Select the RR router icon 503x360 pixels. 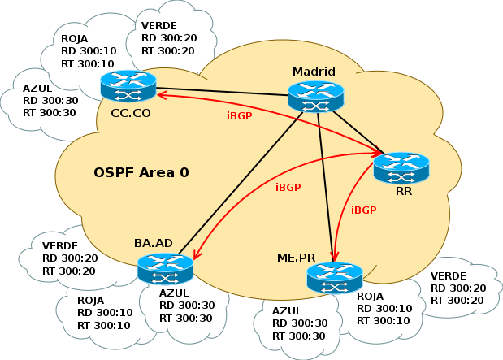point(401,168)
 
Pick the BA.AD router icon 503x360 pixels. point(165,269)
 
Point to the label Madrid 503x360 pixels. point(314,72)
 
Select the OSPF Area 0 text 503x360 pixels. point(141,172)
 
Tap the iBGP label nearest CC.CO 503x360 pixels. point(240,115)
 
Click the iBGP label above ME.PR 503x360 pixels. point(363,210)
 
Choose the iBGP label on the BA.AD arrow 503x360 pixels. point(288,187)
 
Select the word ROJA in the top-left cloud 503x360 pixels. point(76,37)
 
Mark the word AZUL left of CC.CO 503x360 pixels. point(37,87)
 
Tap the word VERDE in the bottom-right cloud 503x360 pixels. point(447,275)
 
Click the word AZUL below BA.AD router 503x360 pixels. point(175,293)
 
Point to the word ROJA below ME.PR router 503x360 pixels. point(370,297)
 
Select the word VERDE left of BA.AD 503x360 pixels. point(59,245)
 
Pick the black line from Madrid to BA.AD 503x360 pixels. point(241,180)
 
